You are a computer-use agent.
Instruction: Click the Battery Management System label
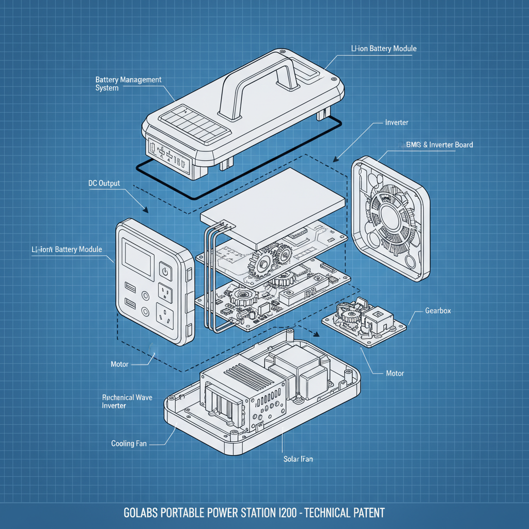(128, 84)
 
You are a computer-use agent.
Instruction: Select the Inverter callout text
(397, 122)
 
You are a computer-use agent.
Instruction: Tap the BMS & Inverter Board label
(436, 145)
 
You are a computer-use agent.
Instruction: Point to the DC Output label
(104, 183)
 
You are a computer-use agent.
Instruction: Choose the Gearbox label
(438, 310)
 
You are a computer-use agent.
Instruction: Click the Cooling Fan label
(129, 443)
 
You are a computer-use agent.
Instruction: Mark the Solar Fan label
(298, 459)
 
